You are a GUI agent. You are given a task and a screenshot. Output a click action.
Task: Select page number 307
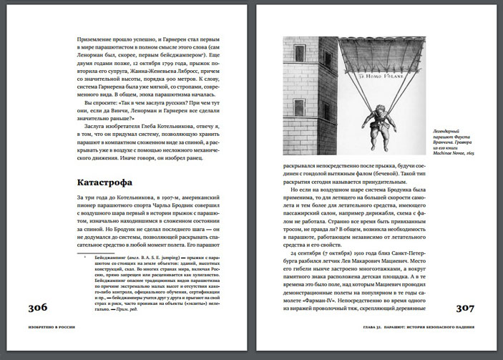point(468,308)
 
